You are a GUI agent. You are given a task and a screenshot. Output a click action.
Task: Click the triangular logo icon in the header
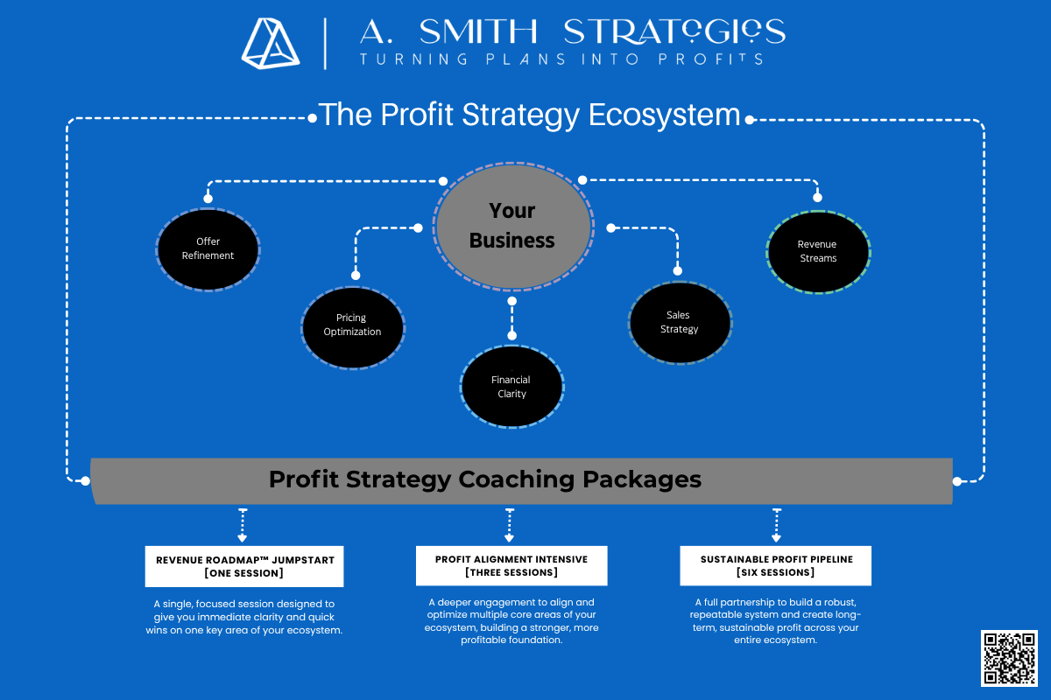[271, 43]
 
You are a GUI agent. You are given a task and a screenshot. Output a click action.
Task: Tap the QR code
[1009, 658]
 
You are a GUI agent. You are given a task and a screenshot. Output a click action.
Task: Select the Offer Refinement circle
[208, 249]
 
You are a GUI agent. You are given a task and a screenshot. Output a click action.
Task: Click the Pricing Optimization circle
[353, 327]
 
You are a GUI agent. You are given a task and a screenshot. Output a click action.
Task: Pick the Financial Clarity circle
[511, 387]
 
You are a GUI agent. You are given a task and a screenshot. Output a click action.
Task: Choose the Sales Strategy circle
[680, 323]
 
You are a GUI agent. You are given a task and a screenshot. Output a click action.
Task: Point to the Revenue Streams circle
[818, 252]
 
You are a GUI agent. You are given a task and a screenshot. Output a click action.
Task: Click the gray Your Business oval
[513, 227]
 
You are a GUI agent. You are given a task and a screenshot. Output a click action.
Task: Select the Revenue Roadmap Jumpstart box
[244, 566]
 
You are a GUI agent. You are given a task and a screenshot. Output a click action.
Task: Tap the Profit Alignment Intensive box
[511, 565]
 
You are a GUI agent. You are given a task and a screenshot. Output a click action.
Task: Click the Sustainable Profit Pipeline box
[776, 565]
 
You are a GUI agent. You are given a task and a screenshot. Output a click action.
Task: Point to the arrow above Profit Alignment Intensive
[510, 525]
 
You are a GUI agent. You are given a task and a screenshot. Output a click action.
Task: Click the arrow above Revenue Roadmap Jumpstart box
[243, 525]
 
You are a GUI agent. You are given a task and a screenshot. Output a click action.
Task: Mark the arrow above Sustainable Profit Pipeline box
[777, 525]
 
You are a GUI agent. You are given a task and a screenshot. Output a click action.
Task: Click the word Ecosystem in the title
[665, 115]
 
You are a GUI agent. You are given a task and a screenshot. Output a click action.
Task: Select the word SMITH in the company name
[478, 31]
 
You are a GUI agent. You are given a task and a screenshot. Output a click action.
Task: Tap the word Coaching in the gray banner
[517, 480]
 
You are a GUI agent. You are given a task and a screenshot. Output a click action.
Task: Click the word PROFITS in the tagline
[710, 59]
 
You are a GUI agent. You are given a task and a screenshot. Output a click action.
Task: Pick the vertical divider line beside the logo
[325, 44]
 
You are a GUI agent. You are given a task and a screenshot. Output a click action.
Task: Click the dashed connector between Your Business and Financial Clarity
[511, 318]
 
